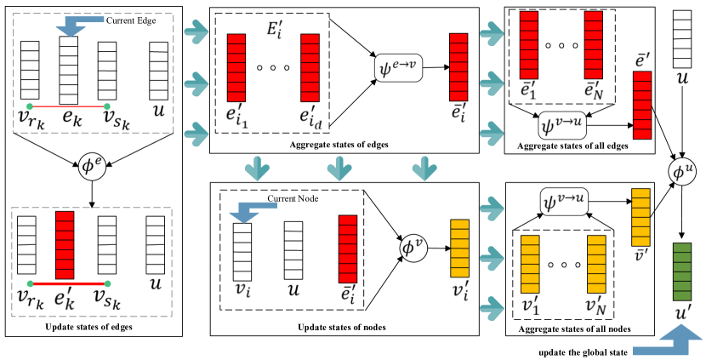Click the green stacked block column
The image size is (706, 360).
pos(682,271)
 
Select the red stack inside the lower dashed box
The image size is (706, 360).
pos(65,245)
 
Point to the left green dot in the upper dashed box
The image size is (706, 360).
pos(30,106)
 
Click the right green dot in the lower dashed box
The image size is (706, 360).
pos(107,283)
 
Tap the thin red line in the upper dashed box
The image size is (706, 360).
pos(68,106)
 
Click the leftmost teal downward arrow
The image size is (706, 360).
pos(257,169)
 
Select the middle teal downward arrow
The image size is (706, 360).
pos(339,169)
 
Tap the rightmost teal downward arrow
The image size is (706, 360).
pos(424,169)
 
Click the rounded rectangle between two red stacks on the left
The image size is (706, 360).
pos(398,68)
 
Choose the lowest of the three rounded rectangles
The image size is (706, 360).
pos(564,202)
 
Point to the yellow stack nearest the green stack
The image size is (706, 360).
pos(641,217)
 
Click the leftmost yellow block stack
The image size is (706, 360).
pos(459,248)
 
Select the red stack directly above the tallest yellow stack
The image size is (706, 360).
pos(642,105)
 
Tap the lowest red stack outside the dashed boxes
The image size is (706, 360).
pos(348,249)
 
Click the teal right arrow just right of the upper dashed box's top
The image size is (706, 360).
pos(196,32)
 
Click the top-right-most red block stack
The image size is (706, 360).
pos(593,45)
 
